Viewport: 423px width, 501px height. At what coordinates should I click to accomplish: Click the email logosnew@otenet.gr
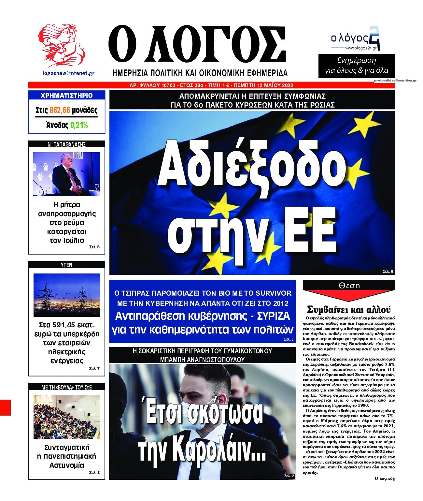[68, 73]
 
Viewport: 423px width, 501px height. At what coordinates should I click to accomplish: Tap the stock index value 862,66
[60, 111]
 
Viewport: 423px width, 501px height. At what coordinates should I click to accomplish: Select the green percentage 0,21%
[79, 125]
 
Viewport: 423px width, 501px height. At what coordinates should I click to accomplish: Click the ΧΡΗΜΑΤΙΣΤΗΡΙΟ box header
[66, 96]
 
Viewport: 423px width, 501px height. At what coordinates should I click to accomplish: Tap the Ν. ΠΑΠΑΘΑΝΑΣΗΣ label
[66, 144]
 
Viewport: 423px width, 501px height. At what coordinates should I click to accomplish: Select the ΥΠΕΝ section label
[66, 265]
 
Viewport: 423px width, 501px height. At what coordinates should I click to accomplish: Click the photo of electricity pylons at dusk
[67, 295]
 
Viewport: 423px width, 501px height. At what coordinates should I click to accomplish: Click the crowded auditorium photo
[67, 417]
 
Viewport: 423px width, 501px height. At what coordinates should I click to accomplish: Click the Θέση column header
[349, 285]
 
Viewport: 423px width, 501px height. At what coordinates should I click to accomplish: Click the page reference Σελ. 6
[388, 271]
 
